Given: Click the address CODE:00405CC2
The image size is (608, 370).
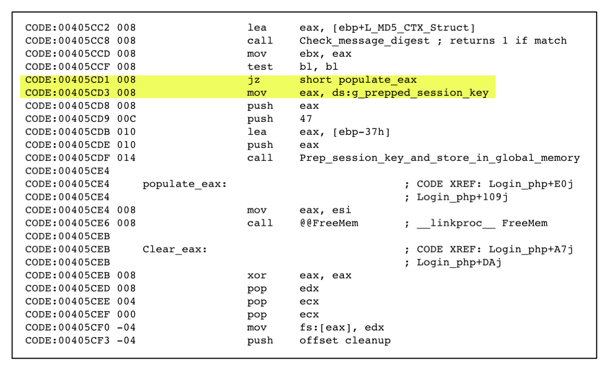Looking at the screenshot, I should tap(68, 28).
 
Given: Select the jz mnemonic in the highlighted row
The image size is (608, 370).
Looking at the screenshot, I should tap(253, 80).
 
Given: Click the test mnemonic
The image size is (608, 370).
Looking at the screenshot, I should tap(260, 67).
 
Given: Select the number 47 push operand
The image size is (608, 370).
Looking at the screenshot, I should tap(305, 119).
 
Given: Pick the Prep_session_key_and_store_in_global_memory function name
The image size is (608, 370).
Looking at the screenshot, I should tap(439, 158).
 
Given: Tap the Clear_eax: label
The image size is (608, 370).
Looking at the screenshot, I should tap(175, 249).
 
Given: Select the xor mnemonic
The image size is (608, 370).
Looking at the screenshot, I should tap(256, 275).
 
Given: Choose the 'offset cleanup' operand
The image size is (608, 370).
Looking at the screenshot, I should tap(344, 340).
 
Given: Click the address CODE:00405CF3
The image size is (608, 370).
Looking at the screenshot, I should tap(68, 340).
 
